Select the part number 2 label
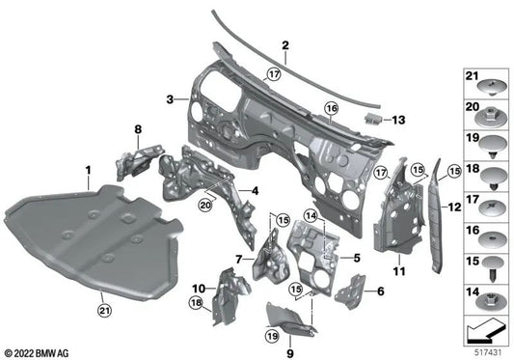tap(285, 45)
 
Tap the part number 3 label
tap(170, 99)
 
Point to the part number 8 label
tap(137, 129)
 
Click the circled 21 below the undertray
tap(104, 309)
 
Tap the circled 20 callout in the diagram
tap(205, 204)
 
